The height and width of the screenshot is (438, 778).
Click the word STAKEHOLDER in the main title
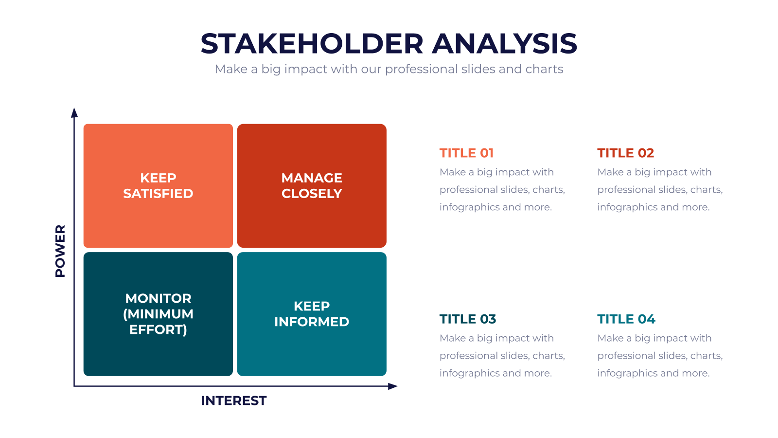(312, 44)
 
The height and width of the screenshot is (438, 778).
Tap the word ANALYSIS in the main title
(504, 44)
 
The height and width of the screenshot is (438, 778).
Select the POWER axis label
(60, 251)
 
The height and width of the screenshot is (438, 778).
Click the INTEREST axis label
(234, 401)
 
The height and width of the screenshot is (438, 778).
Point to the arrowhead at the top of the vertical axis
(74, 112)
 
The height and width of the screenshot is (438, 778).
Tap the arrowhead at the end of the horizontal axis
(393, 386)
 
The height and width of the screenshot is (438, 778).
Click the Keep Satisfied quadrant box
(158, 185)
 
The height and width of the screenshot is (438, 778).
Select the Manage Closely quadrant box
(312, 185)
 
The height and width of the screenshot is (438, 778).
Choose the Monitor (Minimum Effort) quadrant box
(158, 314)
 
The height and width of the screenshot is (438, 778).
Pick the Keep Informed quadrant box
(312, 314)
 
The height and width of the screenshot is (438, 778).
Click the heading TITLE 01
(466, 153)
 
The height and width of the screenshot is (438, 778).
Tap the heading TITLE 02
(625, 153)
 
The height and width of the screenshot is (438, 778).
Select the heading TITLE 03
(467, 319)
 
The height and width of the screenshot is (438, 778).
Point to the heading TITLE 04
(626, 319)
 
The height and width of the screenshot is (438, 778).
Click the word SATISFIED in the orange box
(158, 194)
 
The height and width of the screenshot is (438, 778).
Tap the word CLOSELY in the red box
(312, 194)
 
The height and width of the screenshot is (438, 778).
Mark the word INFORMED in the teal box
(312, 322)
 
